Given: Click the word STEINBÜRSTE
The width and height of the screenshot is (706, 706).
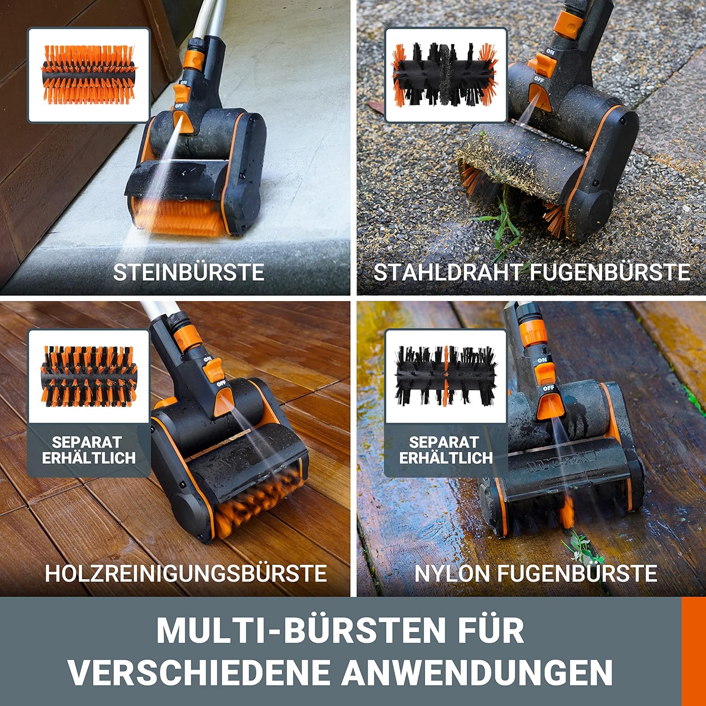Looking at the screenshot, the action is click(x=189, y=272).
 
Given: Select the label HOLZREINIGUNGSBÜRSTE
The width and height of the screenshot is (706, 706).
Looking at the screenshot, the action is click(x=186, y=573).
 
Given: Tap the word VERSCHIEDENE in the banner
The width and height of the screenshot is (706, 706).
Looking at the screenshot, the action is click(x=200, y=673).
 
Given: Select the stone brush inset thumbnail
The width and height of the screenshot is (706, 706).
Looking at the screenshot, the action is click(x=89, y=75).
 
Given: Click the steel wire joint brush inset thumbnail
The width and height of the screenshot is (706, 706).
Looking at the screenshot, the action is click(x=446, y=75).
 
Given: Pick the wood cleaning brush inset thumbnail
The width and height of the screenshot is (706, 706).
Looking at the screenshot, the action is click(x=89, y=377).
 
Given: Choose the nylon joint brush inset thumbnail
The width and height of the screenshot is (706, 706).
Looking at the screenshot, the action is click(x=446, y=377).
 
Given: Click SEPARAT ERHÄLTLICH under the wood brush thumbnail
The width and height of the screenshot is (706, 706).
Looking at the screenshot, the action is click(x=88, y=450).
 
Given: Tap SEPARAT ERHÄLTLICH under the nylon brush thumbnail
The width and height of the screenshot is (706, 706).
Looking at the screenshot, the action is click(x=446, y=450).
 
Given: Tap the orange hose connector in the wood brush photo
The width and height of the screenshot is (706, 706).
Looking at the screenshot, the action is click(x=184, y=337).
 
